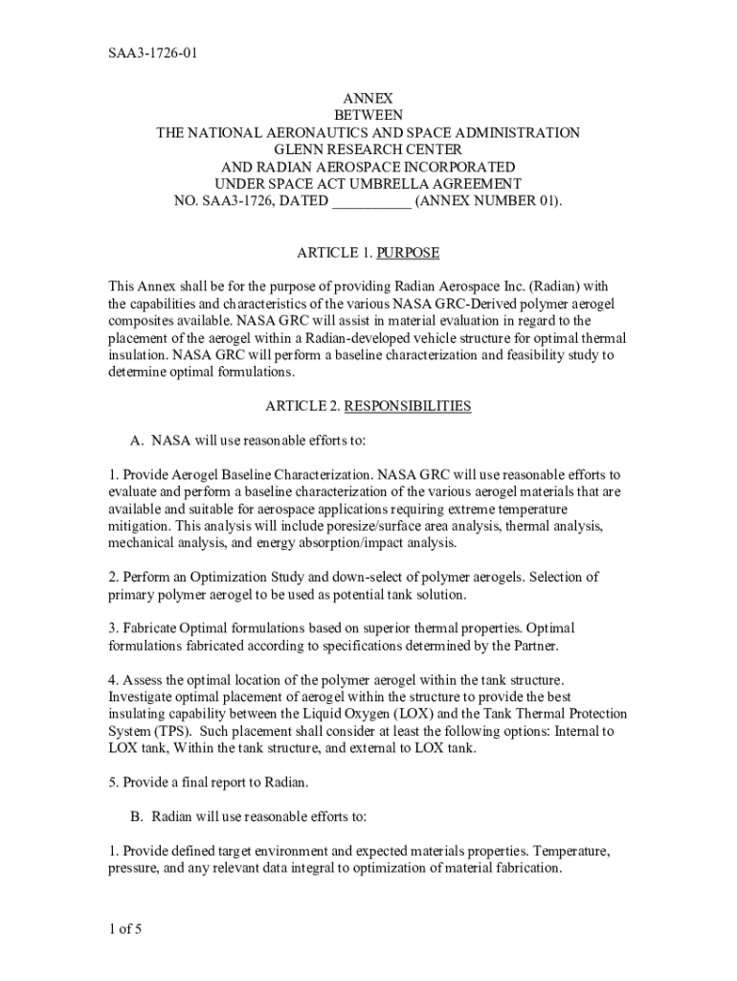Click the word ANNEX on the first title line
[368, 98]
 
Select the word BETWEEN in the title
[368, 115]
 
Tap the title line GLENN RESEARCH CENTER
[368, 149]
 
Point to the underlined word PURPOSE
[409, 253]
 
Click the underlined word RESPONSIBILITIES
[408, 406]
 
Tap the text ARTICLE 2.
[302, 406]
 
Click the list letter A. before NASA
[137, 441]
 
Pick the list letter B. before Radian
[137, 816]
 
